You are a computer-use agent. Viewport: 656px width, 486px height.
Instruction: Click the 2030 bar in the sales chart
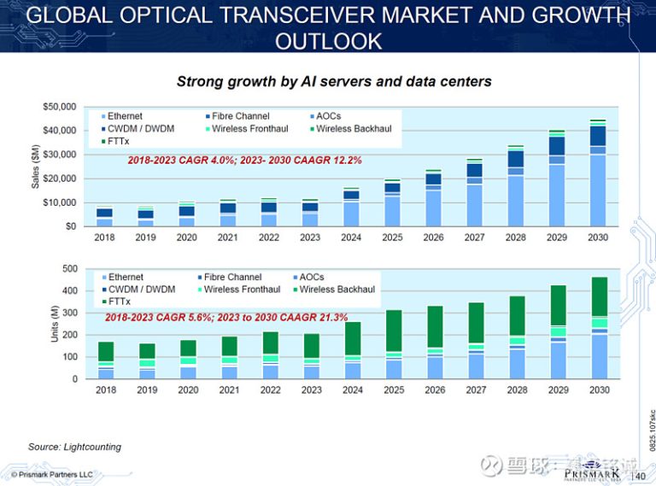(598, 179)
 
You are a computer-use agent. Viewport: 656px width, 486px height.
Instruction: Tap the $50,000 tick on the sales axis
(59, 107)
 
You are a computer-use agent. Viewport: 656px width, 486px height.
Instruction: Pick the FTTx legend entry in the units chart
(120, 302)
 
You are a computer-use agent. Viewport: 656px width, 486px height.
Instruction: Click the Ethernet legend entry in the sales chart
(125, 116)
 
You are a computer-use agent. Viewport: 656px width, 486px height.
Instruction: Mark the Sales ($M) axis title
(35, 167)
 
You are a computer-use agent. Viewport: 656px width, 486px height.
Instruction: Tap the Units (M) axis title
(55, 325)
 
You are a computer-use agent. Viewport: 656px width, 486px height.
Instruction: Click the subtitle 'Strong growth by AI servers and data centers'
(333, 82)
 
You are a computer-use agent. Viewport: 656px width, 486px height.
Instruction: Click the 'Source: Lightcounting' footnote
(74, 447)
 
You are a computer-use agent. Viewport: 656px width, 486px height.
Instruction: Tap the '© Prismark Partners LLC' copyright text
(51, 474)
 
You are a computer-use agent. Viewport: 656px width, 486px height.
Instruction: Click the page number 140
(637, 476)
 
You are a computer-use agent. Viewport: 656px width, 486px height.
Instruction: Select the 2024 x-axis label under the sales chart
(351, 237)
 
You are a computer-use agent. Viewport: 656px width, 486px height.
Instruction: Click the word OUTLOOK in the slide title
(328, 40)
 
